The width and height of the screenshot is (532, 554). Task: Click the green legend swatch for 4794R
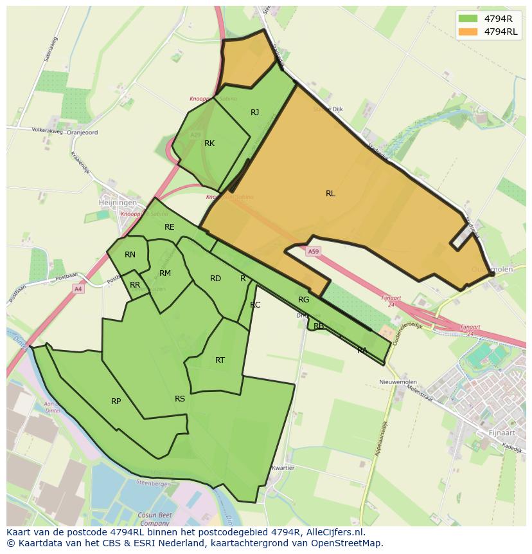click(468, 18)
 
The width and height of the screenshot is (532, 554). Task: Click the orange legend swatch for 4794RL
click(468, 32)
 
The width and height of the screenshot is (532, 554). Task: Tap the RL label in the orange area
click(330, 194)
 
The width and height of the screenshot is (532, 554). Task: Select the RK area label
click(209, 143)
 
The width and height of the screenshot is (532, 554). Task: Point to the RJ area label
click(255, 113)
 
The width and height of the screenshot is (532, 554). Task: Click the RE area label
click(170, 227)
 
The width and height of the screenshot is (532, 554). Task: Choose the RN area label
click(130, 255)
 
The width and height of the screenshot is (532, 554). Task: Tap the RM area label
click(165, 273)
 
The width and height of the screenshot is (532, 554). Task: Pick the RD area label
click(215, 279)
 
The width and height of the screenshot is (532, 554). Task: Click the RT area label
click(220, 360)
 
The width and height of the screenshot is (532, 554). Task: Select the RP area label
click(116, 402)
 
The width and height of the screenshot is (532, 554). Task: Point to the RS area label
click(180, 399)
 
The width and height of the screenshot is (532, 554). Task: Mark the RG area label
click(304, 300)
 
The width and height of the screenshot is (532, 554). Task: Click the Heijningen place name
click(118, 202)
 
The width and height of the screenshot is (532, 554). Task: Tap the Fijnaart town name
click(503, 432)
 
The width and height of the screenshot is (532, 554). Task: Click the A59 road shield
click(313, 252)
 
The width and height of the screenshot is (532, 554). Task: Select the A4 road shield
click(78, 289)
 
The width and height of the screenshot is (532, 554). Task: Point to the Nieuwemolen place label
click(395, 382)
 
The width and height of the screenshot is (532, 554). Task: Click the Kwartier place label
click(283, 468)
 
